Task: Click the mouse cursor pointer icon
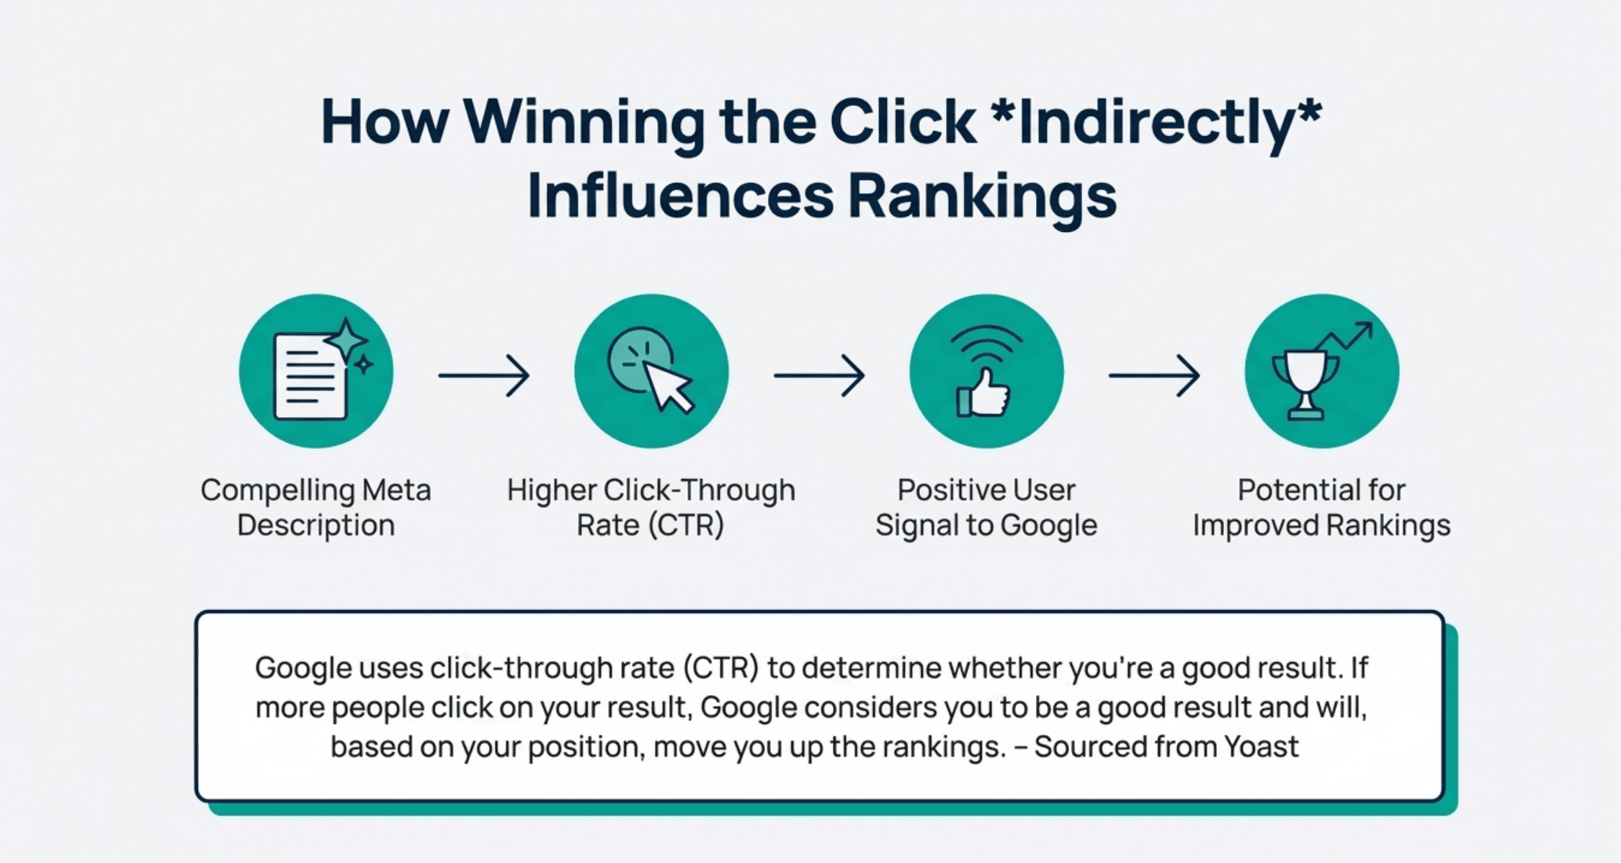666,385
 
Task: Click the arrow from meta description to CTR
484,375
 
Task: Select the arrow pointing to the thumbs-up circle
819,375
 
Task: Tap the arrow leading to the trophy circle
1154,375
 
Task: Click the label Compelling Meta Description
316,507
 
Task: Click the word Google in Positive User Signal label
1049,525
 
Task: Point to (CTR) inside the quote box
720,669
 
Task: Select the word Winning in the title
584,122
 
